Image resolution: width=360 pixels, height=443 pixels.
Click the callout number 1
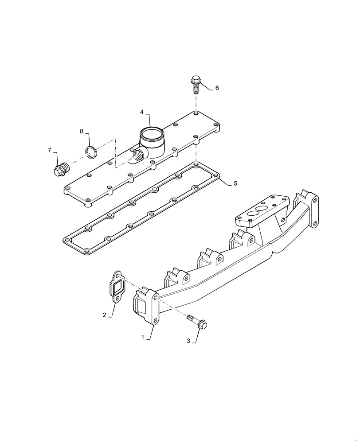pos(143,337)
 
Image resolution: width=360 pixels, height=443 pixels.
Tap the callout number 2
pos(105,315)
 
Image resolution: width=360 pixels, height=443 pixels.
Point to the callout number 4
pos(142,113)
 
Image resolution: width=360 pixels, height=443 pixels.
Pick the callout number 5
pos(235,183)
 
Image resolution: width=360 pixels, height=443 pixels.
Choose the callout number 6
pos(217,88)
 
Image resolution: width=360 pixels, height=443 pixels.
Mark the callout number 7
pos(50,151)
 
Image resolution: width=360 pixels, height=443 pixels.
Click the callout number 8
pos(82,131)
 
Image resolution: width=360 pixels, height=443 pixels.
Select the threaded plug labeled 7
pos(60,169)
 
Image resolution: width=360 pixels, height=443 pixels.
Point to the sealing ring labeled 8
pos(91,152)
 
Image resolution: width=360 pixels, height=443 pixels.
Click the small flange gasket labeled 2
pos(117,288)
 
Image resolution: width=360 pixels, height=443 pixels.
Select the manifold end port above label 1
pos(141,306)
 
